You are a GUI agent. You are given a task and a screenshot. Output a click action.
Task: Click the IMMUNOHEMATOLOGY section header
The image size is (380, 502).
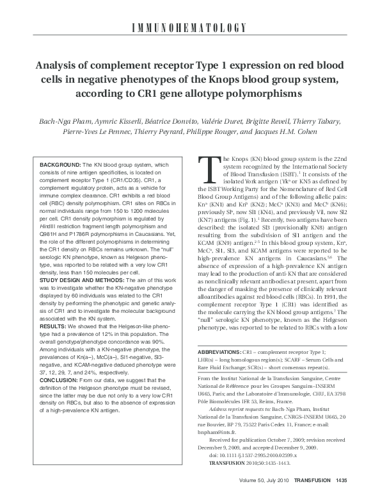click(x=189, y=27)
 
